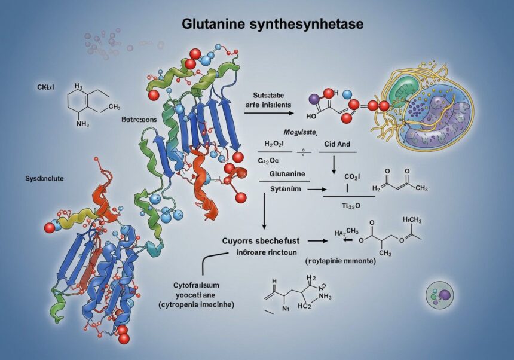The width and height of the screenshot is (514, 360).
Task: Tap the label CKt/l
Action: point(37,87)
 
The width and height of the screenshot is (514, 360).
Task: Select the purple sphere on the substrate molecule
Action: point(313,97)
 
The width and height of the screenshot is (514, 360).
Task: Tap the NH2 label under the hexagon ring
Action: point(83,124)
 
